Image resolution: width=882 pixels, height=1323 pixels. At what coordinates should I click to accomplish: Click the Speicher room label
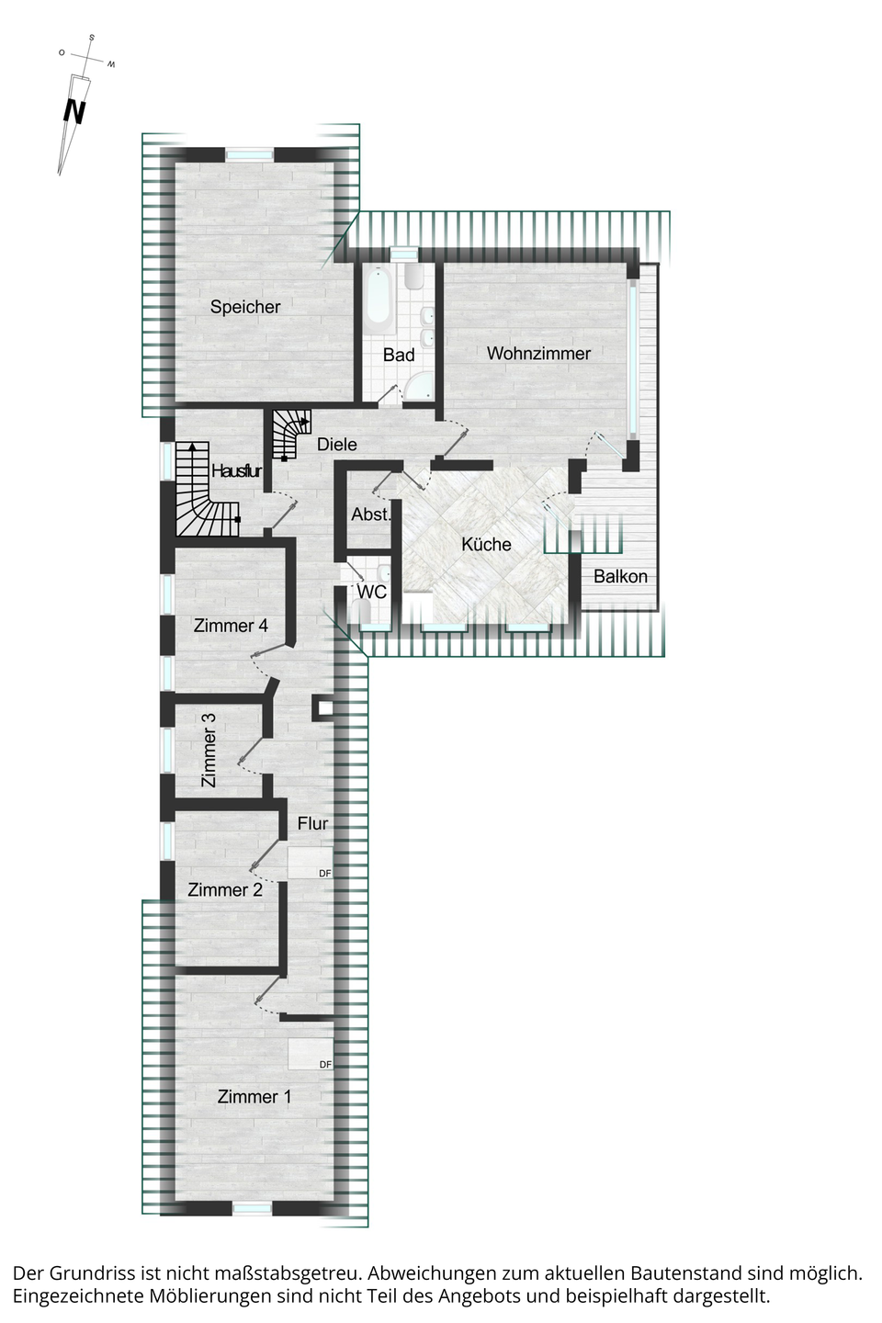[x=245, y=307]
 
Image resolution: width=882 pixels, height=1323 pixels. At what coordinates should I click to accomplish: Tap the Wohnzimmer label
[x=538, y=353]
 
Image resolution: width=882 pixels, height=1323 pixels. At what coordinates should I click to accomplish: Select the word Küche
[x=486, y=544]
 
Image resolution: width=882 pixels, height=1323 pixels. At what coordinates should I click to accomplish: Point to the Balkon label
[x=620, y=576]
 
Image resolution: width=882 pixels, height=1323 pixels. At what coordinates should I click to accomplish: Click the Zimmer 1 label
[x=254, y=1097]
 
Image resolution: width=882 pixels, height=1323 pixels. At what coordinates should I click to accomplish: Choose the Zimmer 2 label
[x=224, y=889]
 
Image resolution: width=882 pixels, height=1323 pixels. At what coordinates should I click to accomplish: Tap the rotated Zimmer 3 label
[x=209, y=750]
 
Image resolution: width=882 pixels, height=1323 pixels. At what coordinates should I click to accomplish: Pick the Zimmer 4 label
[x=231, y=626]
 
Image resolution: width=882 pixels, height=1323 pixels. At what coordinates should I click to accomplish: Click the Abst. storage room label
[x=371, y=514]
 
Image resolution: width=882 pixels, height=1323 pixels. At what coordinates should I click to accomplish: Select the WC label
[x=371, y=592]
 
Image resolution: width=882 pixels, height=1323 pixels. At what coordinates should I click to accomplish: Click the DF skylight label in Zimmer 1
[x=325, y=1064]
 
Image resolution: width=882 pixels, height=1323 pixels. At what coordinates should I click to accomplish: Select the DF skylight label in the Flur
[x=325, y=873]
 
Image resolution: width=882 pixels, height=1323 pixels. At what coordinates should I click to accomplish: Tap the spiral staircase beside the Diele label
[x=291, y=434]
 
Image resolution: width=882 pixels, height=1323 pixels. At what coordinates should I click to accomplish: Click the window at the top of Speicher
[x=249, y=154]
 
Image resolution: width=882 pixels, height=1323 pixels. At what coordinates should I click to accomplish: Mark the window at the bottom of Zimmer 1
[x=252, y=1209]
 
